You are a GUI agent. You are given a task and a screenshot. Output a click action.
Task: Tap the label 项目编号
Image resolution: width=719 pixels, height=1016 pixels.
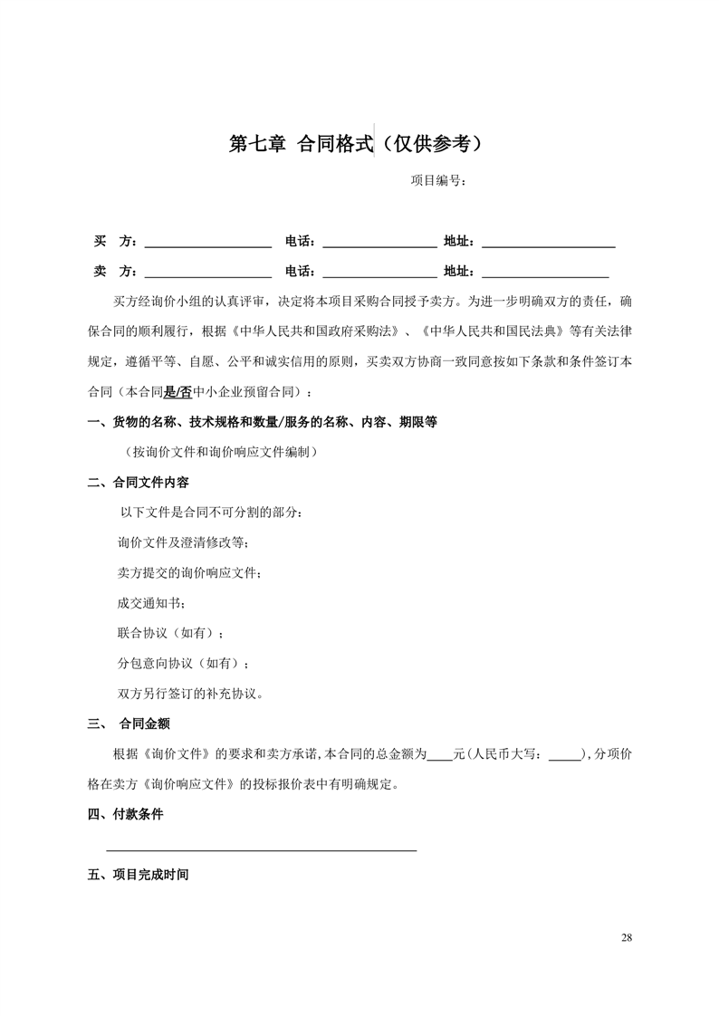click(x=438, y=180)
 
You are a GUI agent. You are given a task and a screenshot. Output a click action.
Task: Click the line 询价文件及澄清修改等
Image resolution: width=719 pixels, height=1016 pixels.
click(x=184, y=543)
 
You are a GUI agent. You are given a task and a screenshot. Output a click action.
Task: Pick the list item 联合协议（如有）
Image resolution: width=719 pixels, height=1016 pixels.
click(x=170, y=632)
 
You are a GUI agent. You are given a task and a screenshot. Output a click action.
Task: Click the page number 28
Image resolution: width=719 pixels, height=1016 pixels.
click(x=627, y=937)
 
